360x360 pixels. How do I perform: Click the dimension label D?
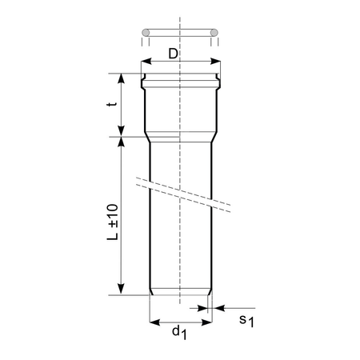coord(174,54)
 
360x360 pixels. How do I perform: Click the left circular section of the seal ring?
coord(146,33)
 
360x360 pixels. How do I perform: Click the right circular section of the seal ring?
coord(214,33)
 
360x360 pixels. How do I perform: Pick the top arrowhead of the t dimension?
coord(122,78)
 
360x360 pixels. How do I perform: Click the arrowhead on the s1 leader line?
coord(217,306)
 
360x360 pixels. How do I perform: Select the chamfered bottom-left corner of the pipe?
coord(152,291)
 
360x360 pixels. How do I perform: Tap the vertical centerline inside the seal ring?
coord(180,33)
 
